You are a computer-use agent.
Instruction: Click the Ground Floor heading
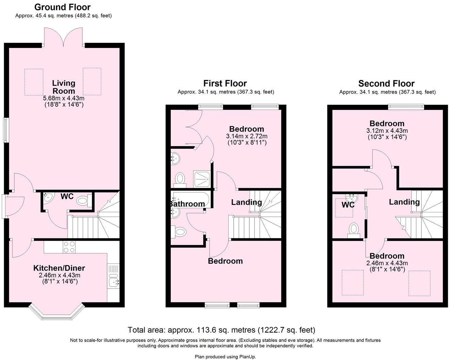point(63,7)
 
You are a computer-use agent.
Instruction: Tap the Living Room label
point(64,87)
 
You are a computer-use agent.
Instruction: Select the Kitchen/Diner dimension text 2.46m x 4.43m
point(60,275)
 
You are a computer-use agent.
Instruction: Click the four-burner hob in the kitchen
point(69,247)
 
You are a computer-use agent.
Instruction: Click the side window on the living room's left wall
point(5,130)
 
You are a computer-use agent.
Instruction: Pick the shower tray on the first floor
point(202,179)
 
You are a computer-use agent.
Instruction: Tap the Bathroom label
point(187,204)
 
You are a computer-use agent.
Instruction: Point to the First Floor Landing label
point(246,202)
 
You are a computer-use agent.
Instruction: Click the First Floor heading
point(225,83)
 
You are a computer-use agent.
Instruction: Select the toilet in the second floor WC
point(354,229)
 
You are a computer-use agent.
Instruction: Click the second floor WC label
point(348,205)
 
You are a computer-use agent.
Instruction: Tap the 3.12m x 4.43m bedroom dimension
point(387,131)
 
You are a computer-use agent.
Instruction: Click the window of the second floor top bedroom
point(406,107)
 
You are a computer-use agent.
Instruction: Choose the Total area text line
point(221,330)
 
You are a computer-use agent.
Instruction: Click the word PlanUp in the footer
point(247,357)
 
